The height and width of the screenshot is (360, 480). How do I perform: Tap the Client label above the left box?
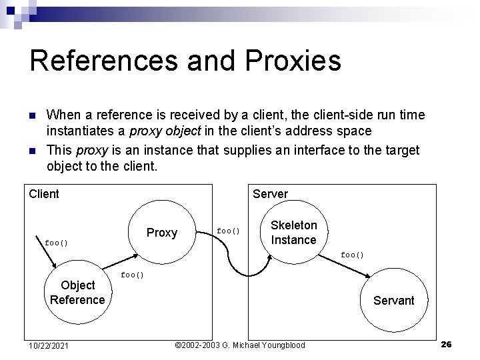coord(44,194)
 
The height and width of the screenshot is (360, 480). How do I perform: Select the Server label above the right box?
coord(270,194)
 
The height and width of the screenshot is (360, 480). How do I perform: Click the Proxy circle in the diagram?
coord(162,233)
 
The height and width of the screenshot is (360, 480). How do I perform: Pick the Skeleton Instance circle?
coord(293,232)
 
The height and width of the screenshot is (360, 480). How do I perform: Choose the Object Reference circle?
coord(77,292)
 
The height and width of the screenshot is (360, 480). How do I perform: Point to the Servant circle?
coord(393,299)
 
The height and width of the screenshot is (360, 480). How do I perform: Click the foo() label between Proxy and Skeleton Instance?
coord(228,231)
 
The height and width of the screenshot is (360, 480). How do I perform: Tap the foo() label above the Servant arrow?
coord(353,255)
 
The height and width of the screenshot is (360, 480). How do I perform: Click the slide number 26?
coord(447,344)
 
